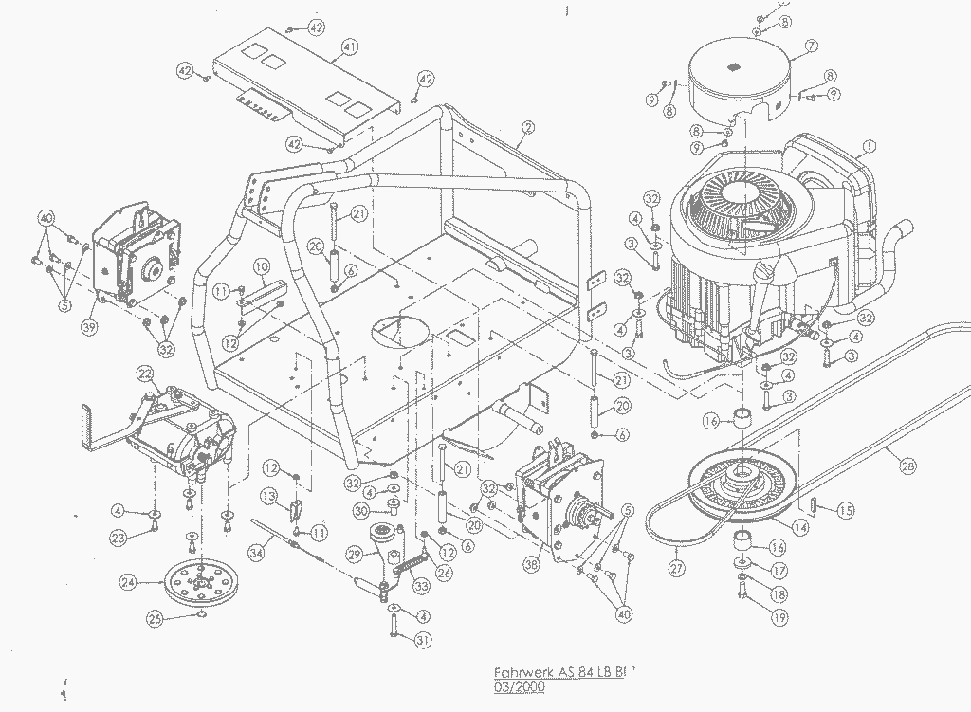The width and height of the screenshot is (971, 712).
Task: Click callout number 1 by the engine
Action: [867, 148]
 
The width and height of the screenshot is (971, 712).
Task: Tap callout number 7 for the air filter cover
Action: [811, 46]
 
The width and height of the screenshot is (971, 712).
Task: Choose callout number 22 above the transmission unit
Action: [145, 373]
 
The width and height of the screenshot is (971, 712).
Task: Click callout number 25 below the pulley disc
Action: [155, 619]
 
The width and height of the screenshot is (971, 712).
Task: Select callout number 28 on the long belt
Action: [909, 466]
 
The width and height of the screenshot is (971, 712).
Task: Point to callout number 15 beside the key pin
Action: [845, 510]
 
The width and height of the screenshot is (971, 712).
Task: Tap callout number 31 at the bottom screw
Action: [423, 640]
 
